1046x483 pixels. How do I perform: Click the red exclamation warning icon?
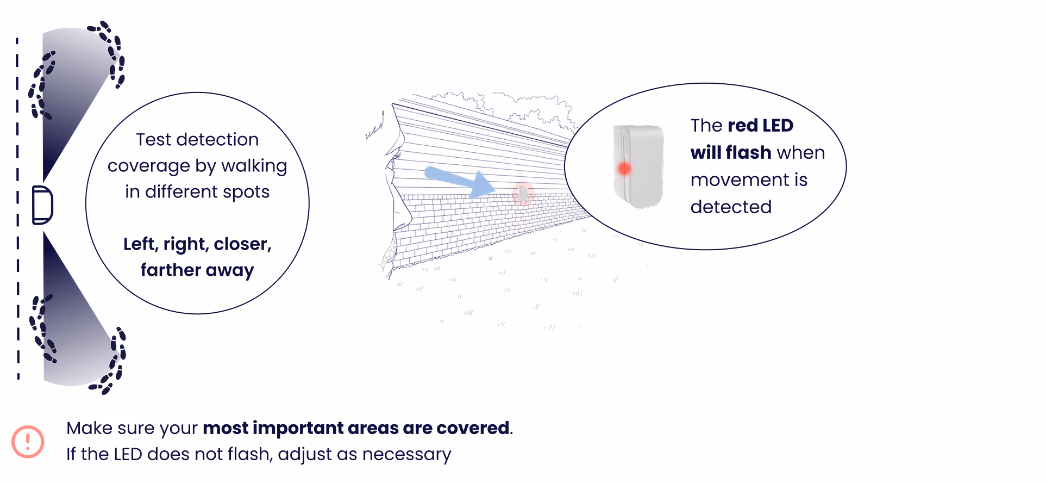coord(28,442)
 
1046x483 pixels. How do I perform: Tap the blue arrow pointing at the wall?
coord(460,182)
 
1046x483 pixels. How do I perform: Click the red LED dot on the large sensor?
coord(624,169)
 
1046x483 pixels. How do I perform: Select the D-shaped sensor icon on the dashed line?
coord(42,205)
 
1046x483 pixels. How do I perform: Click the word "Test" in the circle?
coord(153,140)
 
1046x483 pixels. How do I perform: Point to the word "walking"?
coord(254,166)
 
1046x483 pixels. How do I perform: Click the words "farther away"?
coord(197,270)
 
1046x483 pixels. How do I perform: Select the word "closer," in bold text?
coord(242,244)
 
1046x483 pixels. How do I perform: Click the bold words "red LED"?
coord(760,126)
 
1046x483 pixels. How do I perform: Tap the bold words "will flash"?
coord(731,153)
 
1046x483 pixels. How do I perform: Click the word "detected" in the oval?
coord(731,207)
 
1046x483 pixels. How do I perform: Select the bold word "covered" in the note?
coord(473,428)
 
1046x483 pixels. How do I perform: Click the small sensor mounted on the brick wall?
coord(523,193)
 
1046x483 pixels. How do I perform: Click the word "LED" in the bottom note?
coord(128,454)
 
